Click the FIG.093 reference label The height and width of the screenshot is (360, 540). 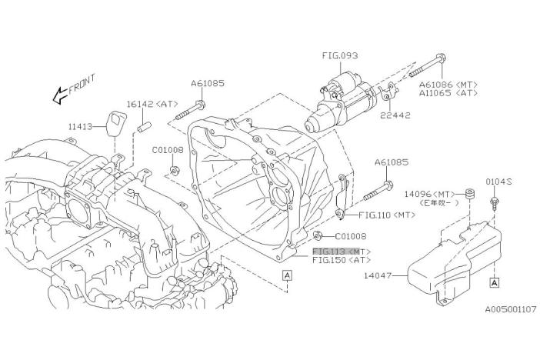[339, 55]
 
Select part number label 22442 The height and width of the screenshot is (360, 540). [395, 115]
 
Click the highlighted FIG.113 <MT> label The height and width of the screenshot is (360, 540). [342, 252]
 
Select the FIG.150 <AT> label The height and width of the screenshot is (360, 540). [342, 261]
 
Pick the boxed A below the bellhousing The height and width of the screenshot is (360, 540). [286, 274]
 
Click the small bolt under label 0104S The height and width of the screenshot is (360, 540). [492, 204]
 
